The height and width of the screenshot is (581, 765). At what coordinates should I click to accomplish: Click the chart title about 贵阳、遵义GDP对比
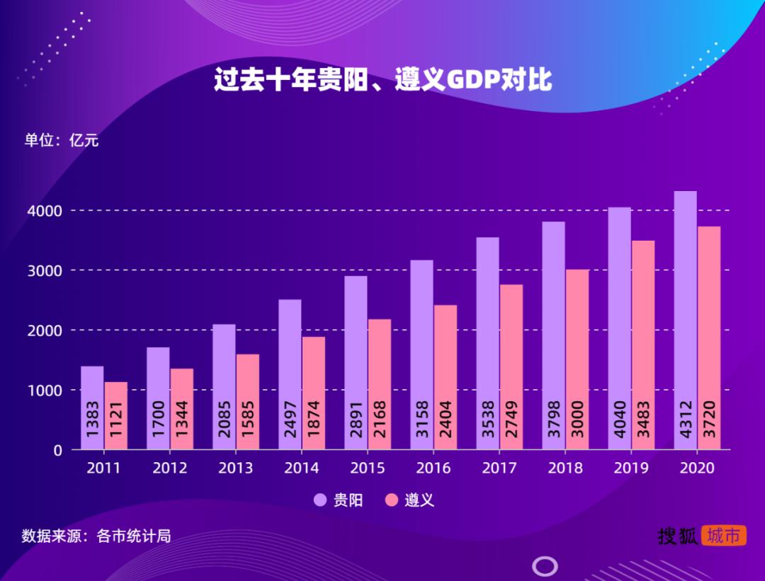tap(382, 80)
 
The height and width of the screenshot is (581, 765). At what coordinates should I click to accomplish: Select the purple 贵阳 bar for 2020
tap(685, 318)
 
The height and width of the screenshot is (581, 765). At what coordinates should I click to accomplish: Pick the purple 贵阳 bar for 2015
tap(356, 361)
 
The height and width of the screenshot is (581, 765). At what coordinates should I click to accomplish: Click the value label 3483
tap(643, 419)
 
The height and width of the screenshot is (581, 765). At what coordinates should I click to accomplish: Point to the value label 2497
tap(290, 419)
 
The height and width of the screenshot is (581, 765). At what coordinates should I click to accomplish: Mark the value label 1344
tap(182, 419)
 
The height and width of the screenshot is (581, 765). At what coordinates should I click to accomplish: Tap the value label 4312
tap(685, 419)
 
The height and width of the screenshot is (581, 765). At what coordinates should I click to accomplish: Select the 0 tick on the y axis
tap(57, 450)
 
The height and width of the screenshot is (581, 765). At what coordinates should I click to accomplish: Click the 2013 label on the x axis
tap(235, 468)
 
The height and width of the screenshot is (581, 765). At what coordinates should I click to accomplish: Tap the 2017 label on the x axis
tap(499, 468)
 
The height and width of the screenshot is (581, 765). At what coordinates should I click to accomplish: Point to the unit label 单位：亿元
tap(62, 140)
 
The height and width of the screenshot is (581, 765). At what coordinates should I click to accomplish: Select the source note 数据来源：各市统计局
tap(96, 536)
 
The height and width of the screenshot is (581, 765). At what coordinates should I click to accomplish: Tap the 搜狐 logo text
tap(677, 536)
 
